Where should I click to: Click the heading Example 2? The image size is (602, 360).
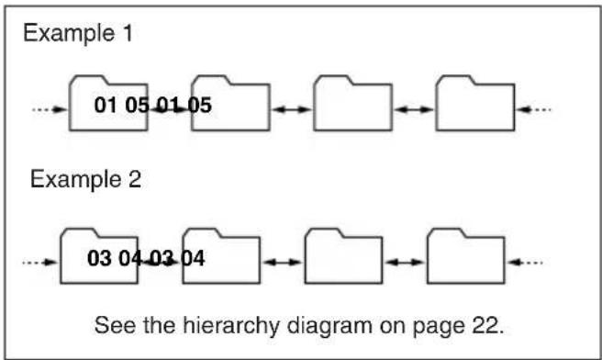(86, 179)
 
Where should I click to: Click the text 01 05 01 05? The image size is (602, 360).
(153, 106)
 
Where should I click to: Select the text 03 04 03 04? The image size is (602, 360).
(146, 256)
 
